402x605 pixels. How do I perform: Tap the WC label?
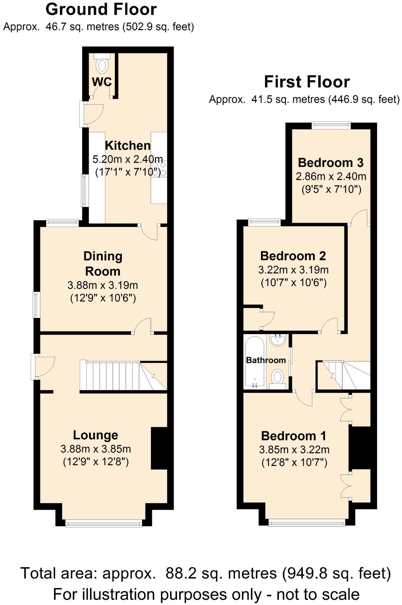102,82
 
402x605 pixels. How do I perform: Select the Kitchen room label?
128,146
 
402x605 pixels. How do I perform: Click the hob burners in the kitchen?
159,169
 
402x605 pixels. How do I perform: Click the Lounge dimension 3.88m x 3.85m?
96,449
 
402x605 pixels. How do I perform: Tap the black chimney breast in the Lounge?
159,448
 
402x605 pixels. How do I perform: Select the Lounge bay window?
104,524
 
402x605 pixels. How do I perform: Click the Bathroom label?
266,360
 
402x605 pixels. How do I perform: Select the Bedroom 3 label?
331,163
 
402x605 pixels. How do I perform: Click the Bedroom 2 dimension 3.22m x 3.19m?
293,270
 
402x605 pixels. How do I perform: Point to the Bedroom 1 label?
294,436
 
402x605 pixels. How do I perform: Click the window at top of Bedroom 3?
331,125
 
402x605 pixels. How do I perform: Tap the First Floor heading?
307,82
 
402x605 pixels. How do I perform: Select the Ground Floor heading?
101,9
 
